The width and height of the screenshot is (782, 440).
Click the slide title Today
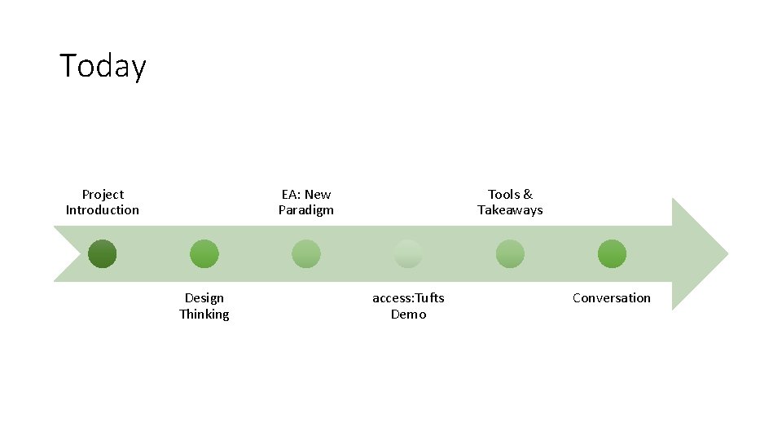pos(103,65)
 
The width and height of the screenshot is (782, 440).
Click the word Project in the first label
pos(103,194)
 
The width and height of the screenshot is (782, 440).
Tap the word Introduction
pos(103,210)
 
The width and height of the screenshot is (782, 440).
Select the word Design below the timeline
pos(204,298)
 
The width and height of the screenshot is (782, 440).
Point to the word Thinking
pos(204,315)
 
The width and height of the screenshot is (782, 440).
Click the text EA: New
pos(306,194)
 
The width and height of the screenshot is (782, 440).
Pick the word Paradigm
pos(306,210)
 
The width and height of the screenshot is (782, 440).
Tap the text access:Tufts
pos(408,298)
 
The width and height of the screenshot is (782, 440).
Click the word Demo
pos(408,315)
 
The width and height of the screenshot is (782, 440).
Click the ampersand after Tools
pos(527,194)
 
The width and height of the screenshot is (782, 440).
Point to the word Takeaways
pos(510,210)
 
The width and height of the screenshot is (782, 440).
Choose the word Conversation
pos(612,298)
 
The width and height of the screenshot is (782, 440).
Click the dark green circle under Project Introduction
pos(103,254)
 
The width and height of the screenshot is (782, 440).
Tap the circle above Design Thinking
pos(204,254)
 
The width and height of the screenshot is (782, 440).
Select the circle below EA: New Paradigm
pos(306,254)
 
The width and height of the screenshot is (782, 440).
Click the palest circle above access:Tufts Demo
pos(408,254)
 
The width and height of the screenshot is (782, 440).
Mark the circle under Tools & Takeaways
pos(510,254)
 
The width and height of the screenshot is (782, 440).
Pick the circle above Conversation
pos(612,254)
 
